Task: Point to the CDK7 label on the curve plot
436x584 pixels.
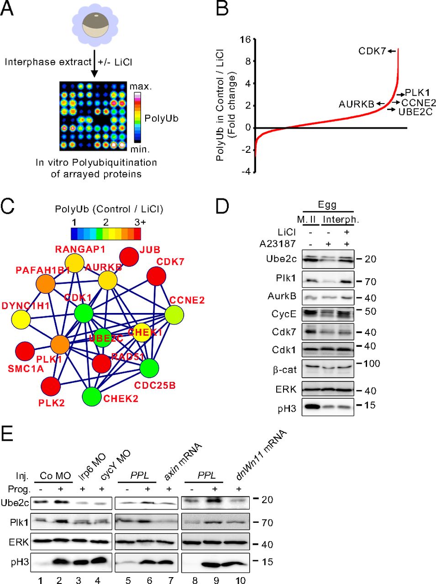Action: pos(372,51)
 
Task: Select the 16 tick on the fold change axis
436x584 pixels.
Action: pos(245,39)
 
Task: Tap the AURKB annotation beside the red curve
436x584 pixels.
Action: pos(356,104)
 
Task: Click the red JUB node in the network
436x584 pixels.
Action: pos(129,258)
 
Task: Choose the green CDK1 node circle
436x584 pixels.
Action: pos(84,313)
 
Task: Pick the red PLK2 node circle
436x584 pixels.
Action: pos(51,386)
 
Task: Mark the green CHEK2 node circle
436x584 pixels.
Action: pos(92,396)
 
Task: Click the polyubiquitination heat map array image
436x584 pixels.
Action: pos(93,116)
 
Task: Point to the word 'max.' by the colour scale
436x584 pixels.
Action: pos(141,86)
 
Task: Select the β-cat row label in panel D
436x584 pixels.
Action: pos(284,369)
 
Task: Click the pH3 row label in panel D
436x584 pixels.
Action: pos(287,408)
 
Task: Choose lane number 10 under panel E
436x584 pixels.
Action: pos(241,580)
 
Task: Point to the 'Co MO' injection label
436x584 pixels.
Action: pos(55,475)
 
